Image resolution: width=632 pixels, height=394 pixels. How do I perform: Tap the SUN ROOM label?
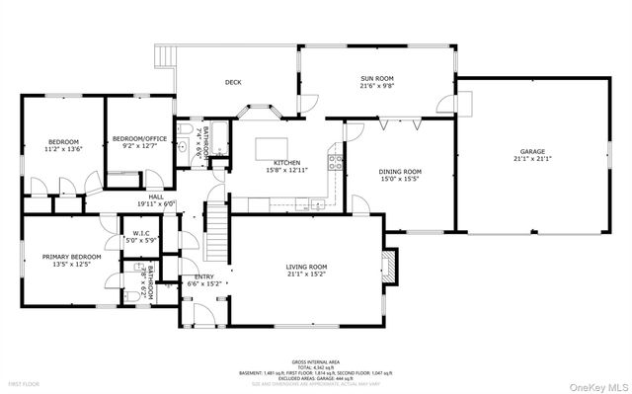point(375,80)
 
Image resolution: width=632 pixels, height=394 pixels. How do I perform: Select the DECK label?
point(233,82)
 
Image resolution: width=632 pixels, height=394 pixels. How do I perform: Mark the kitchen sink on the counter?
point(314,204)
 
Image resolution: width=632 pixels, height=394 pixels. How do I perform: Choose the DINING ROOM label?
point(400,172)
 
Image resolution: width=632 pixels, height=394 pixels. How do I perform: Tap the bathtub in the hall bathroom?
point(218,138)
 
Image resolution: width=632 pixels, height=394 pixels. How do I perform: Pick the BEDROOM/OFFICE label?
point(135,137)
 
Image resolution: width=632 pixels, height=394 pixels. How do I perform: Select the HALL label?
point(156,197)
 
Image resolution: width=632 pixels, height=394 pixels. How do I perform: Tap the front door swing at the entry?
point(201,314)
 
